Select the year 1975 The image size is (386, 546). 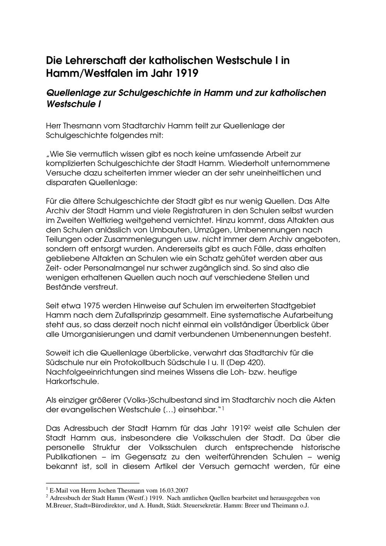click(x=94, y=306)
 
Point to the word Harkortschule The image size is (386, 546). click(x=72, y=382)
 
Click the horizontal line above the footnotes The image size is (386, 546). click(x=92, y=483)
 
